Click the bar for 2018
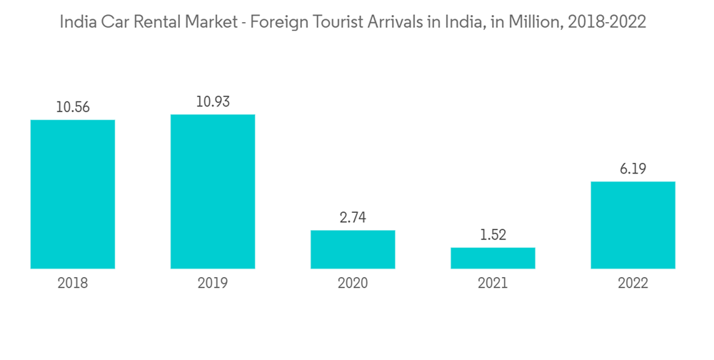pos(73,194)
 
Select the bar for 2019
pos(213,191)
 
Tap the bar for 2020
pos(353,249)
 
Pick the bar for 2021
pos(493,258)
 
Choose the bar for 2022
pos(633,225)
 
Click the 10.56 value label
pos(73,108)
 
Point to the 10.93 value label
pos(213,102)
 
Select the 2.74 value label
pos(353,218)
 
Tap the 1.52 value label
pos(493,235)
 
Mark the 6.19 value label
pos(633,169)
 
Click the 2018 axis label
pos(73,284)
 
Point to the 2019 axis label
pos(213,284)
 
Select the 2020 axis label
pos(353,284)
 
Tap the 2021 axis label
pos(493,284)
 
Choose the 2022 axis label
pos(633,284)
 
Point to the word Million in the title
pos(535,22)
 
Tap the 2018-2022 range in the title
pos(606,22)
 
